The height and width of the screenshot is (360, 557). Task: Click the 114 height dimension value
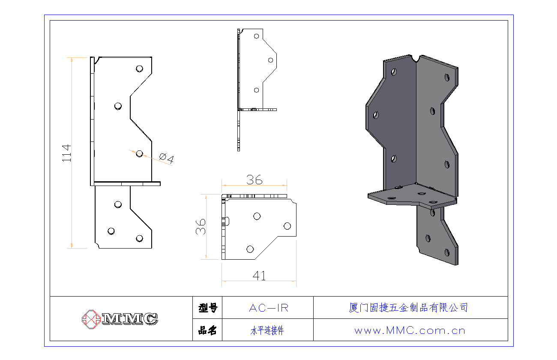(66, 153)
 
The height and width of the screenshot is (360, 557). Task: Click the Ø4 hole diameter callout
(167, 158)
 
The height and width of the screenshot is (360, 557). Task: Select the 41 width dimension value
(259, 276)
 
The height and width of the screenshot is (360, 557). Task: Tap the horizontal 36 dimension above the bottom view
(254, 180)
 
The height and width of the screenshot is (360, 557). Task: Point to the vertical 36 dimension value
(201, 227)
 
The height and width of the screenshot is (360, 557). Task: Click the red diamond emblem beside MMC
(91, 319)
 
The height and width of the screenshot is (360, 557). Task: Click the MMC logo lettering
(130, 319)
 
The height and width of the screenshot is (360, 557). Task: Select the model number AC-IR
(269, 308)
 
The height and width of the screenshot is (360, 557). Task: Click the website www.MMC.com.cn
(410, 330)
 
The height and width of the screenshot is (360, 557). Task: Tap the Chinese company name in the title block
(408, 308)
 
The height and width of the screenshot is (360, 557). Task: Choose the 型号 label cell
(208, 308)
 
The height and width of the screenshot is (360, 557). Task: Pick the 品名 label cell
(208, 330)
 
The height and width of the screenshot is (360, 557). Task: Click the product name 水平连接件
(267, 330)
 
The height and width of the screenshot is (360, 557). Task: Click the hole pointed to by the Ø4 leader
(140, 154)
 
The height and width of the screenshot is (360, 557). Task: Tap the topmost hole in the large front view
(140, 69)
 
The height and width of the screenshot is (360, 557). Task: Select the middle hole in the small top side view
(270, 60)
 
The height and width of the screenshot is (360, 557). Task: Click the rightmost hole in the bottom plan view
(287, 226)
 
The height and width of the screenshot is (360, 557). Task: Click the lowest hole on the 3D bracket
(447, 253)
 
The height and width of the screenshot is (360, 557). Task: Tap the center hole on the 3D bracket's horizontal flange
(422, 193)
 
